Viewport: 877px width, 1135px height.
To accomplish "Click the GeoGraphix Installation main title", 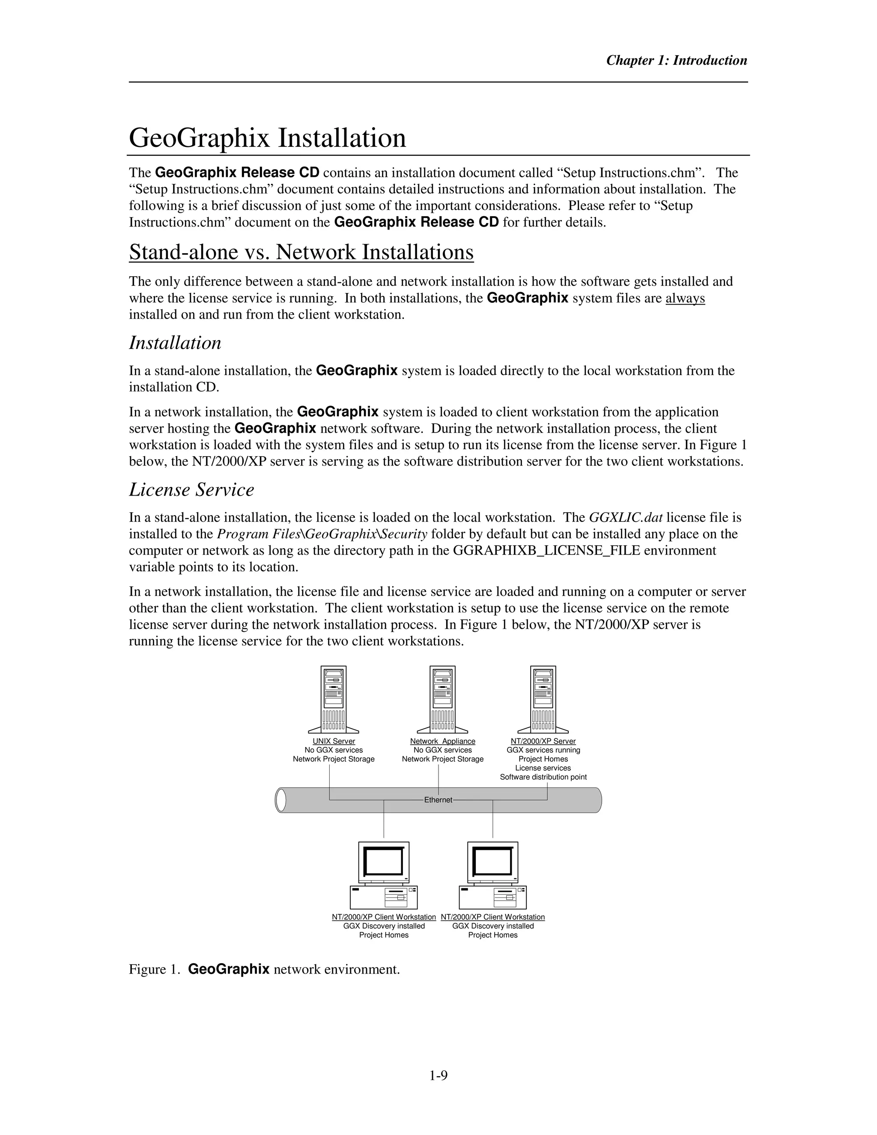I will (267, 138).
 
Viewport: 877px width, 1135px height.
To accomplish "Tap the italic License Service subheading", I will (191, 490).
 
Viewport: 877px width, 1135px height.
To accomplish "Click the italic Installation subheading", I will (175, 343).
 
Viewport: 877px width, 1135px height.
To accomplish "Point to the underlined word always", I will (685, 298).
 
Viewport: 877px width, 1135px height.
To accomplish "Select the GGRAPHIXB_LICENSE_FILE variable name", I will (546, 550).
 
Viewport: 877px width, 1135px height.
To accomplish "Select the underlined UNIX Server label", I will (334, 741).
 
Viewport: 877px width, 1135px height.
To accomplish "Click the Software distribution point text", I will (543, 777).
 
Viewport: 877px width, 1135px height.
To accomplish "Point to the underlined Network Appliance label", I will (443, 741).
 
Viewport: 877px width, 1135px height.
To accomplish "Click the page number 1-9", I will (438, 1075).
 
